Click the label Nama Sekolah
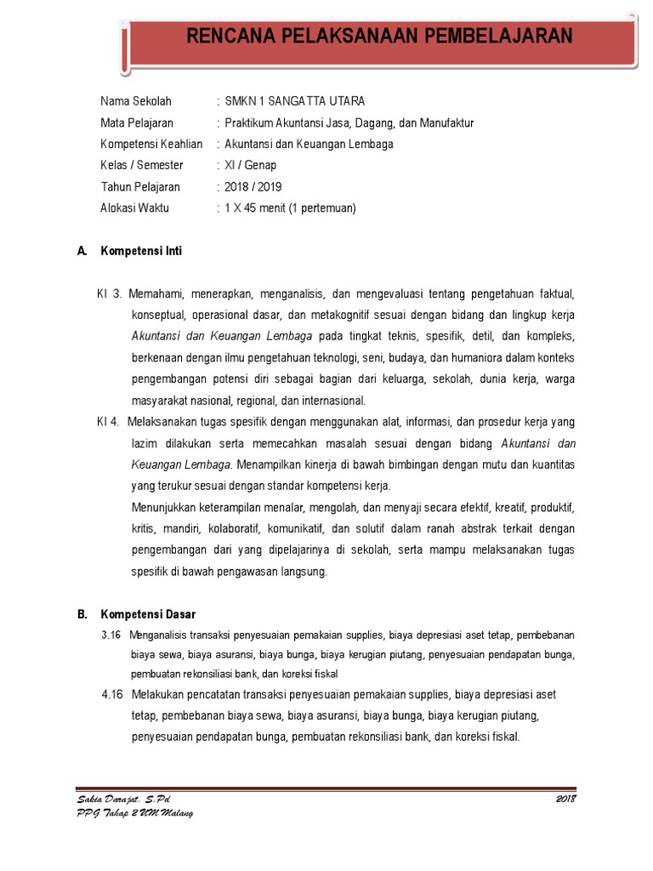pyautogui.click(x=136, y=101)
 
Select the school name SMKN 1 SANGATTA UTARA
pyautogui.click(x=295, y=101)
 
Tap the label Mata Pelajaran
pyautogui.click(x=137, y=122)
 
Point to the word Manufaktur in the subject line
pyautogui.click(x=442, y=122)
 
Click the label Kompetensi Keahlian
pyautogui.click(x=151, y=144)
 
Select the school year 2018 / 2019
pyautogui.click(x=253, y=186)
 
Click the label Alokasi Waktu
pyautogui.click(x=135, y=208)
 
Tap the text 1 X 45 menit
pyautogui.click(x=255, y=208)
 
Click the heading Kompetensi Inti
pyautogui.click(x=141, y=251)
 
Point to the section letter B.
pyautogui.click(x=82, y=614)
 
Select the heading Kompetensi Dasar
pyautogui.click(x=148, y=614)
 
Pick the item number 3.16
pyautogui.click(x=111, y=635)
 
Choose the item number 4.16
pyautogui.click(x=112, y=695)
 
